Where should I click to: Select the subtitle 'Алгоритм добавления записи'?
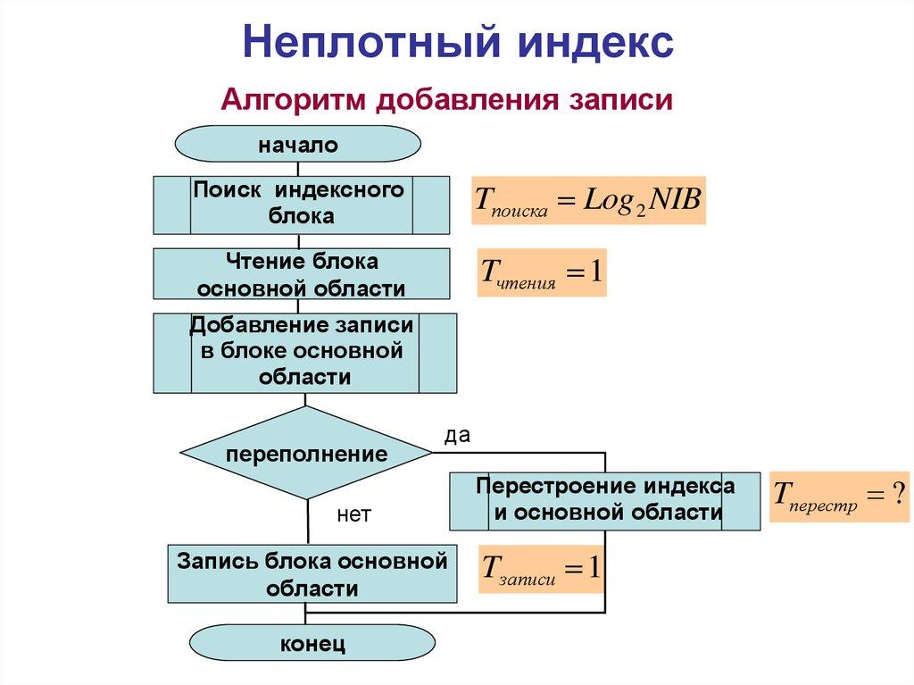pos(446,98)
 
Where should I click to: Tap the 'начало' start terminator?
pos(298,145)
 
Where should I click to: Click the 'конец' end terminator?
pos(312,643)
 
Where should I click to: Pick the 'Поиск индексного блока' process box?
pos(301,204)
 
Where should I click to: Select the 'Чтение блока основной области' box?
pos(301,274)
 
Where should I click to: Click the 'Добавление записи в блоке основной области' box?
pos(304,352)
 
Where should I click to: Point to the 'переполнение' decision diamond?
pos(306,453)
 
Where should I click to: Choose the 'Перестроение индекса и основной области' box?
pos(605,500)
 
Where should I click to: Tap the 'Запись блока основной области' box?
pos(312,574)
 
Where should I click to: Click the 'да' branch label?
pos(457,435)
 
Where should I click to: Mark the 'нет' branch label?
pos(353,515)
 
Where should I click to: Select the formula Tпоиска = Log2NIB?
pos(588,200)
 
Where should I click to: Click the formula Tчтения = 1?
pos(542,272)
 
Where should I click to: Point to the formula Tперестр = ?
pos(839,497)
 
